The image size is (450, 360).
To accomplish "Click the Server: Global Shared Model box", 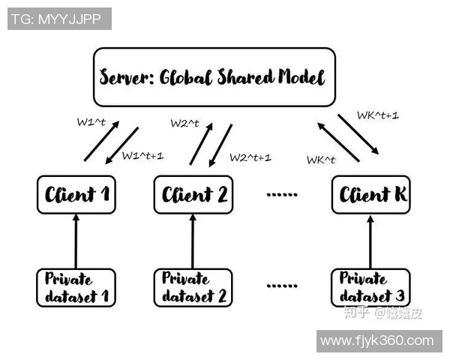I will pyautogui.click(x=213, y=77).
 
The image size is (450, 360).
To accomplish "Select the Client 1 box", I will pyautogui.click(x=76, y=196).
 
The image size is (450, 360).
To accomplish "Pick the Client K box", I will pyautogui.click(x=372, y=196).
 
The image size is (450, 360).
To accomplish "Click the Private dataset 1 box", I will pyautogui.click(x=76, y=286).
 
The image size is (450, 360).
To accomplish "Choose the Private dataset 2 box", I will pyautogui.click(x=192, y=286).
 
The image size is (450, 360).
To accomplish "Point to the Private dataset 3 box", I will pyautogui.click(x=370, y=286).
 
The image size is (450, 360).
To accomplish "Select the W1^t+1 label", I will pyautogui.click(x=142, y=156).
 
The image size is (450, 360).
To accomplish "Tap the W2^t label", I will pyautogui.click(x=184, y=122).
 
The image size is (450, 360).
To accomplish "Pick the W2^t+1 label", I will pyautogui.click(x=250, y=157).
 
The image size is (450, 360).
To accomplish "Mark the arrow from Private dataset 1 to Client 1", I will pyautogui.click(x=76, y=241).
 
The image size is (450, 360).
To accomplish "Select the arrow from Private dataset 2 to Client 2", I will pyautogui.click(x=192, y=241).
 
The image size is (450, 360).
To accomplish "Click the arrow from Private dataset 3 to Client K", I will pyautogui.click(x=370, y=241).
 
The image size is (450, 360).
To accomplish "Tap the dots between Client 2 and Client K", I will pyautogui.click(x=282, y=194).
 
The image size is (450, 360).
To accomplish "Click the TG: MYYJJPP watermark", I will pyautogui.click(x=60, y=19).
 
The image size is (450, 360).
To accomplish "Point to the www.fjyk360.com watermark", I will pyautogui.click(x=376, y=340).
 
